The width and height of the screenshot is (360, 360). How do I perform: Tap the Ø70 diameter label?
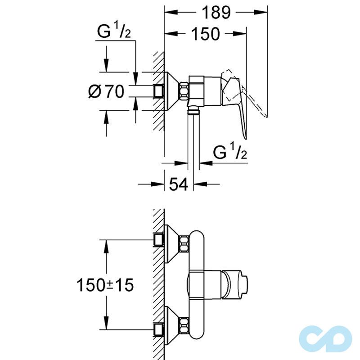[106, 91]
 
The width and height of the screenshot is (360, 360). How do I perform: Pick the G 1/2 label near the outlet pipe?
[230, 153]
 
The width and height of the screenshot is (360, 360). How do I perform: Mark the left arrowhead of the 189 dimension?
[168, 13]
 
